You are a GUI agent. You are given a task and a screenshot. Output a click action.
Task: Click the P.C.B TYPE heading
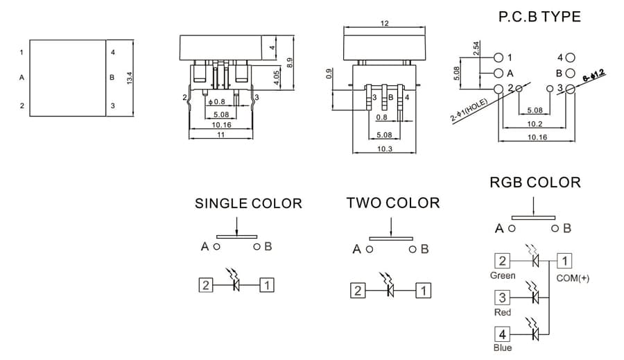[x=539, y=17]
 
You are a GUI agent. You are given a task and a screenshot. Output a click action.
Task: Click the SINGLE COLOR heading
[x=248, y=203]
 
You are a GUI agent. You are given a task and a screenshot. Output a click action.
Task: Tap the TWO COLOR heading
[x=393, y=203]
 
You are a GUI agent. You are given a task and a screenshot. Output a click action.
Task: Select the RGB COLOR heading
[x=535, y=182]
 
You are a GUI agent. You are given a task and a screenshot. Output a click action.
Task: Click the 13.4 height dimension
[x=130, y=78]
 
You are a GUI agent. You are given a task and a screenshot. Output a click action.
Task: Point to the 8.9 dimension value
[x=290, y=62]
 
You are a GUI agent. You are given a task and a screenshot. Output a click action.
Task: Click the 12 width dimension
[x=384, y=24]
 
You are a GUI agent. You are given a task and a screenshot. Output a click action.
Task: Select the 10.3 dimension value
[x=384, y=149]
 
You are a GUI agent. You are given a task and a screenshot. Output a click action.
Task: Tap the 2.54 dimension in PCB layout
[x=476, y=49]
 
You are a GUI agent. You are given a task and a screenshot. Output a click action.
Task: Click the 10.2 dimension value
[x=535, y=124]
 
